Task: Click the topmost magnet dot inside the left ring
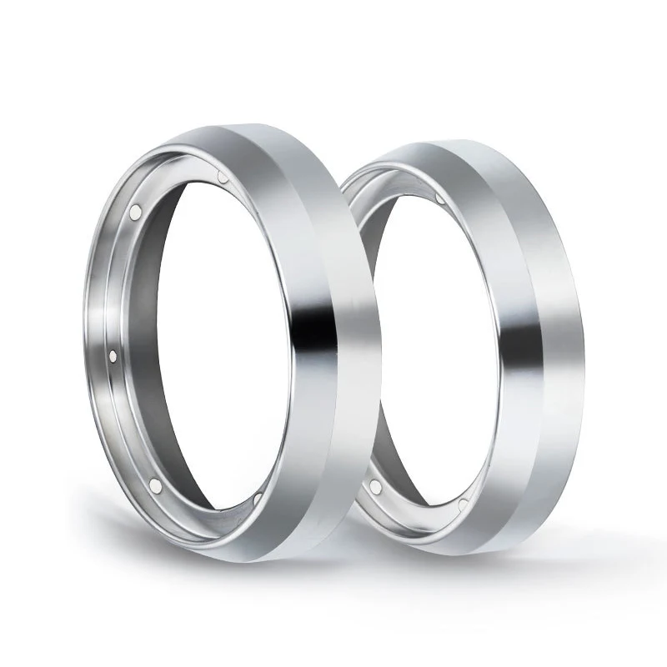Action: pyautogui.click(x=221, y=178)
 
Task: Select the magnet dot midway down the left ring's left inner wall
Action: pyautogui.click(x=113, y=356)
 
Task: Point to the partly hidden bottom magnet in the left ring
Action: pyautogui.click(x=257, y=498)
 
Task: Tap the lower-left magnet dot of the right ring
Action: pyautogui.click(x=376, y=485)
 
